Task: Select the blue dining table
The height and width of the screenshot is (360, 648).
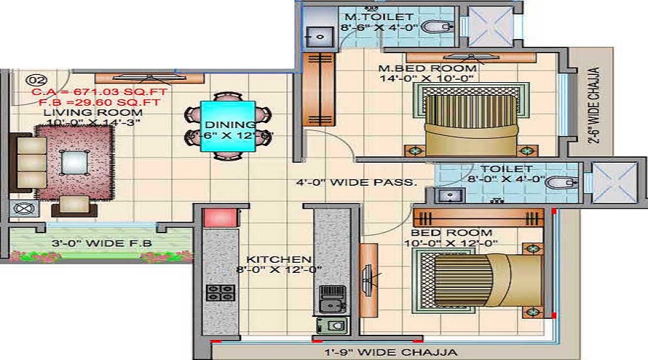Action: click(228, 126)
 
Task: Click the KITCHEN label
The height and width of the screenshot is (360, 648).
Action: click(279, 259)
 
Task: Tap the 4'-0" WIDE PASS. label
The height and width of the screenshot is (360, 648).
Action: click(355, 182)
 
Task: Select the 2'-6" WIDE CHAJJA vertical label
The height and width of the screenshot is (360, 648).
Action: click(595, 107)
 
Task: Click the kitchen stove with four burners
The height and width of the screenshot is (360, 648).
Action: click(221, 292)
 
